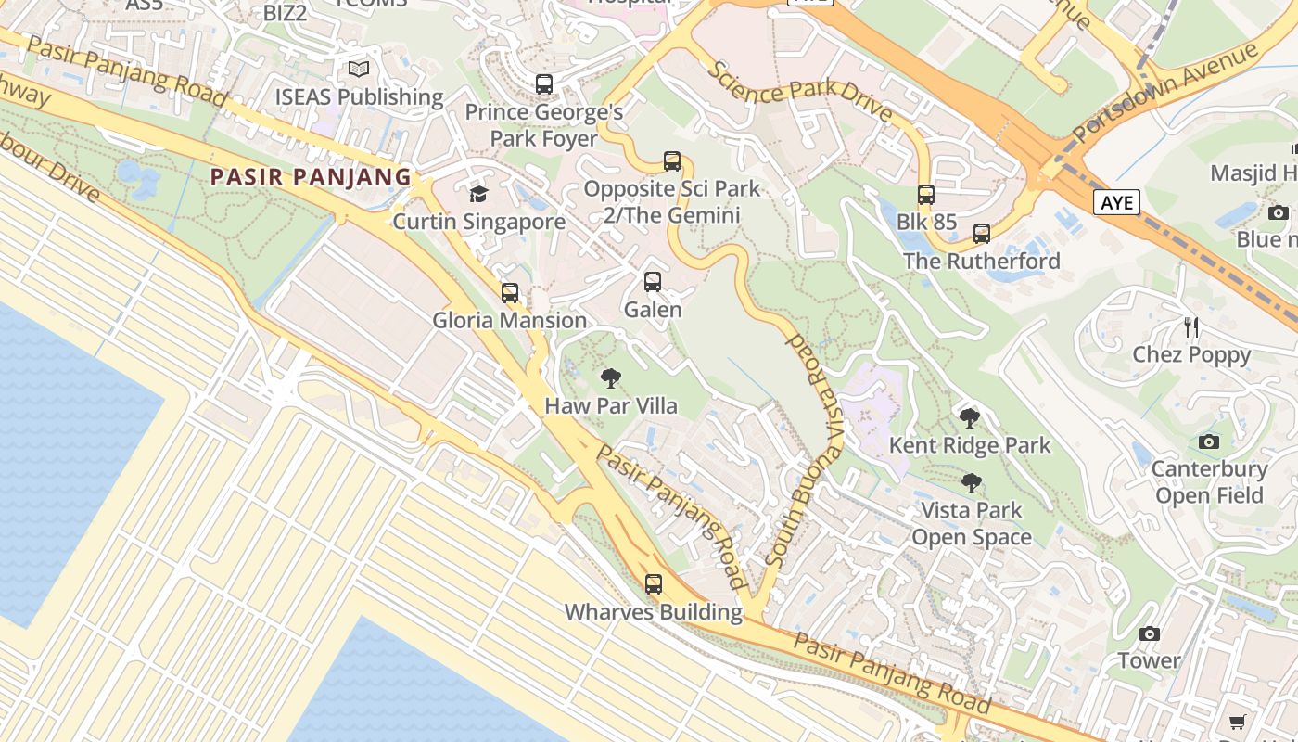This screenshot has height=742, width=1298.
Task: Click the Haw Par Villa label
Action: tap(611, 406)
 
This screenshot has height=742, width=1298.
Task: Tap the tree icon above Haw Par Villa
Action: tap(610, 378)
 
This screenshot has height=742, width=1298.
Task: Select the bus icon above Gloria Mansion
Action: tap(510, 293)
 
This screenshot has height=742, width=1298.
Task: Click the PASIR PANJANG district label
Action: tap(311, 177)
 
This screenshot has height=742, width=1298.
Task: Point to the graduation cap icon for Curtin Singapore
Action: tap(478, 194)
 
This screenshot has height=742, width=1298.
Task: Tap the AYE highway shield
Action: tap(1116, 202)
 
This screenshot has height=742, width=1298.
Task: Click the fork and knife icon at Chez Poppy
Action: tap(1191, 327)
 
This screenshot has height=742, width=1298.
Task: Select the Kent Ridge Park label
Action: tap(970, 445)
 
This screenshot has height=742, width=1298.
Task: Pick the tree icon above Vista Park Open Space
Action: tap(971, 483)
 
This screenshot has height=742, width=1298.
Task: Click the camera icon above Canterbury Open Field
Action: tap(1208, 442)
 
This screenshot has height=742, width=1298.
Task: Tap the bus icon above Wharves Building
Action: tap(654, 584)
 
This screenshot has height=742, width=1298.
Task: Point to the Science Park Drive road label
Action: tap(800, 93)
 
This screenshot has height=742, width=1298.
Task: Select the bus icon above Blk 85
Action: tap(926, 195)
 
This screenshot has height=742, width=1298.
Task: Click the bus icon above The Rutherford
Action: tap(982, 234)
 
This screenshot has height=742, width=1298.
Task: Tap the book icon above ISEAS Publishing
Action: tap(359, 70)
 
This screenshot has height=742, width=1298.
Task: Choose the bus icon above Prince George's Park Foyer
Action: tap(544, 84)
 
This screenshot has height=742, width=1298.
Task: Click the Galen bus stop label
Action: tap(653, 310)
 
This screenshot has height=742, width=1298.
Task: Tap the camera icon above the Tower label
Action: tap(1150, 634)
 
